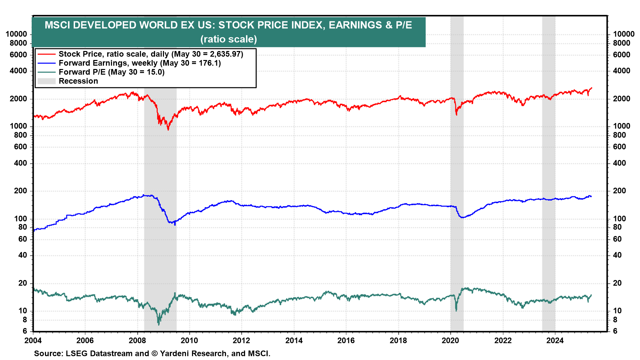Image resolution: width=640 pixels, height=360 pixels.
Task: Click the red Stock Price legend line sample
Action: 46,54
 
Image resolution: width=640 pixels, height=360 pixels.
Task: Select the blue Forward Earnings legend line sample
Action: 46,63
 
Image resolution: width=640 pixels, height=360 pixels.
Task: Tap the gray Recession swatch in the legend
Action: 46,81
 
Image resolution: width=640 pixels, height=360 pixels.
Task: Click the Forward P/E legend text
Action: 111,72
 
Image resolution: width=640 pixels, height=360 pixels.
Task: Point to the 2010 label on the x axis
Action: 189,340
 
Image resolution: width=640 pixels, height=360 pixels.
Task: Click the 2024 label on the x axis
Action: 555,340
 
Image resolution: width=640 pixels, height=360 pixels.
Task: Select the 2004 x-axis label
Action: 33,340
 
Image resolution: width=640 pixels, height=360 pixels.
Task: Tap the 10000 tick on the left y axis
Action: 16,34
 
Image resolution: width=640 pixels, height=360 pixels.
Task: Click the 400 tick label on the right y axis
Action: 619,163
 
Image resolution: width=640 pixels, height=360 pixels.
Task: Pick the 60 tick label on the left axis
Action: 23,239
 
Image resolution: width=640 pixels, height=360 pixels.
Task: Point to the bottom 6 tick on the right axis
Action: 615,331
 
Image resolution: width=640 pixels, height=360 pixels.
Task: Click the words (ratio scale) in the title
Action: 229,39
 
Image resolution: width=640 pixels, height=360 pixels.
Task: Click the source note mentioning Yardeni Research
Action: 152,353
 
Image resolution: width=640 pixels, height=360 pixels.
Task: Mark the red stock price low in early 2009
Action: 168,129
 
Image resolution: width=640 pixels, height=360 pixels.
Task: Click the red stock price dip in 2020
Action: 456,115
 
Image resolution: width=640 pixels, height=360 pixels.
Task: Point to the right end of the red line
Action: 592,88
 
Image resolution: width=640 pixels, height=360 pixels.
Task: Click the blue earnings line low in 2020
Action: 462,217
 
